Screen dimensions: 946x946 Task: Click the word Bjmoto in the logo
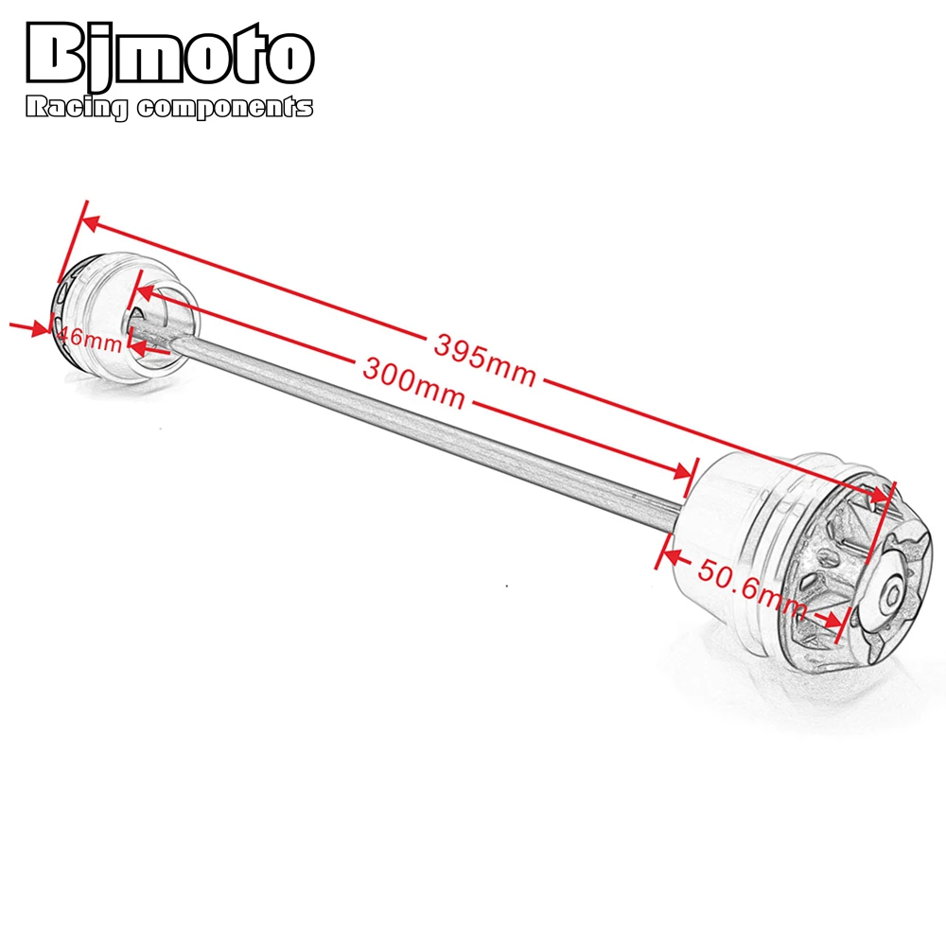tap(167, 56)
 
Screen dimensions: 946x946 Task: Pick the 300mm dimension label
tap(413, 379)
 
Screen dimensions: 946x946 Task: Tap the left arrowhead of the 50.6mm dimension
tap(674, 549)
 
